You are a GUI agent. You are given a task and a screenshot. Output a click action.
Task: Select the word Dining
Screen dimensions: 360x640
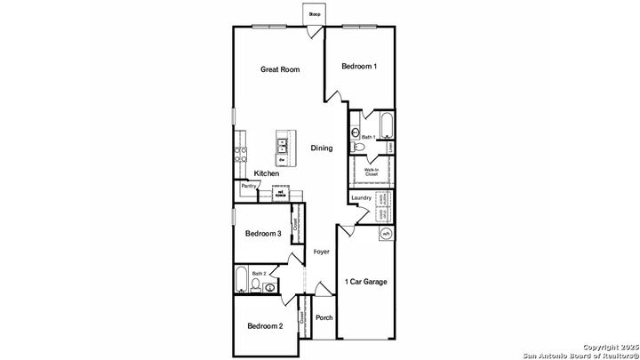click(321, 148)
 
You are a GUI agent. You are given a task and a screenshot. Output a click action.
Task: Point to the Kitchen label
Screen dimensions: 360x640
click(267, 173)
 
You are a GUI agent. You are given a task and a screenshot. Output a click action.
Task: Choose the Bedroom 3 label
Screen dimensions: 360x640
click(263, 234)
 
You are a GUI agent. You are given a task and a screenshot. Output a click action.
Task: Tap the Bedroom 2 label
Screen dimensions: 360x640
click(264, 326)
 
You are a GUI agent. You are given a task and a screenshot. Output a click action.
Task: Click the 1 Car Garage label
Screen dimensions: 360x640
click(365, 283)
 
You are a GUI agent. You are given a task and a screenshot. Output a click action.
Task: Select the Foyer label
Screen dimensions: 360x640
click(321, 252)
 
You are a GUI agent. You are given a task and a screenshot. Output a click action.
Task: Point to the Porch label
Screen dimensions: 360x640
click(324, 318)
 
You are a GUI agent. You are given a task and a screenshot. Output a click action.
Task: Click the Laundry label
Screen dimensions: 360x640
click(361, 198)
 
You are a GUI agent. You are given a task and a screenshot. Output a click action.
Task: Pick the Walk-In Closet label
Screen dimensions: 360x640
click(372, 172)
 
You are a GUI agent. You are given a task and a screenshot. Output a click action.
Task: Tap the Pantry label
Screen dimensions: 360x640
click(248, 187)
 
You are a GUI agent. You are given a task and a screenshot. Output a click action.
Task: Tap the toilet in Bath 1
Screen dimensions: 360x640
click(356, 134)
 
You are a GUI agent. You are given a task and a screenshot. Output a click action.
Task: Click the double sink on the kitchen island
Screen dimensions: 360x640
click(283, 142)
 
